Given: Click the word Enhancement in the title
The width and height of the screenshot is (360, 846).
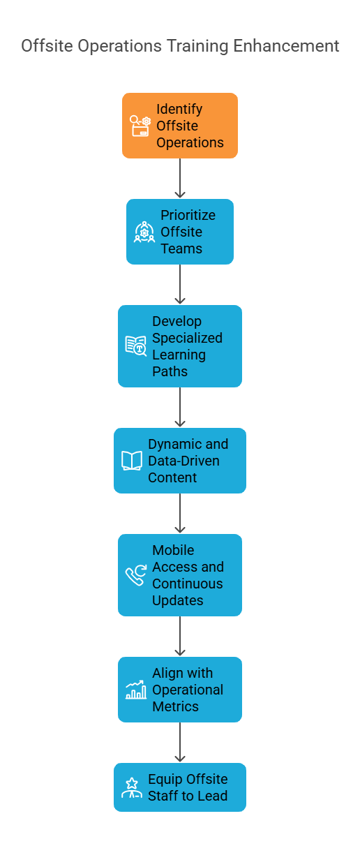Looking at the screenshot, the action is pyautogui.click(x=286, y=46).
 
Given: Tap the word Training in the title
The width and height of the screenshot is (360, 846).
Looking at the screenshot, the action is pyautogui.click(x=197, y=47).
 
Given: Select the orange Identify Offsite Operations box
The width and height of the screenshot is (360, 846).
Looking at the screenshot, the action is pyautogui.click(x=180, y=126).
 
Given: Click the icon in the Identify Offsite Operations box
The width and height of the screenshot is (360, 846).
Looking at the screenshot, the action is pyautogui.click(x=140, y=126).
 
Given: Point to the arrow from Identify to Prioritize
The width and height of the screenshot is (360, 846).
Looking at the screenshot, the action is pyautogui.click(x=180, y=178).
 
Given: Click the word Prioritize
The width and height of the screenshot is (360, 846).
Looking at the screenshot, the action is pyautogui.click(x=188, y=215).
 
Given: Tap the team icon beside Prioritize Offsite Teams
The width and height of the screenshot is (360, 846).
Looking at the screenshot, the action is pyautogui.click(x=144, y=232).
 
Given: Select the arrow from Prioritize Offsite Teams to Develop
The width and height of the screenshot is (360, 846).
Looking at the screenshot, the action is pyautogui.click(x=180, y=284).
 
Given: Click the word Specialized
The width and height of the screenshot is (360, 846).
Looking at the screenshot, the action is pyautogui.click(x=187, y=339).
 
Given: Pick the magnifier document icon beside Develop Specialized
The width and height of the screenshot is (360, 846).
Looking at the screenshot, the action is pyautogui.click(x=136, y=346).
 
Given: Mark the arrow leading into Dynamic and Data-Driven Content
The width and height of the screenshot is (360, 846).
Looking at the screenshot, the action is pyautogui.click(x=180, y=407).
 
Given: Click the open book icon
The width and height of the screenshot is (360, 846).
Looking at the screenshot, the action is pyautogui.click(x=132, y=461).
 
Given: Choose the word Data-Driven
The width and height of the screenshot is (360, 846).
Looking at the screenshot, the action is pyautogui.click(x=183, y=461).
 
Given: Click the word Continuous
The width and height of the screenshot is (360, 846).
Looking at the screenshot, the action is pyautogui.click(x=188, y=584).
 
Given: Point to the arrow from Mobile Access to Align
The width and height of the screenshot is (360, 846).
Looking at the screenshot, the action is pyautogui.click(x=180, y=636).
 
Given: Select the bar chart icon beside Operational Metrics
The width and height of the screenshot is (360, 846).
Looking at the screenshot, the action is pyautogui.click(x=136, y=690).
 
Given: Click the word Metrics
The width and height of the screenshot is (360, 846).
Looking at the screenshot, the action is pyautogui.click(x=176, y=706).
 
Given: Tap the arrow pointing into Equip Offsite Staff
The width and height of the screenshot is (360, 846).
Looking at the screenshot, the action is pyautogui.click(x=180, y=742).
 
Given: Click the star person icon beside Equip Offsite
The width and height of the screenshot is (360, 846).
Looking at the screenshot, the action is pyautogui.click(x=132, y=787).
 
